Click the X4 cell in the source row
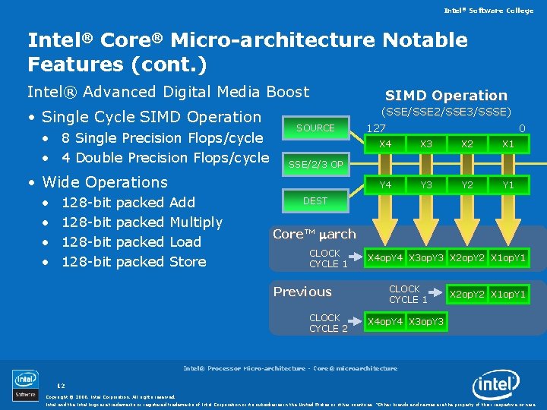coord(385,143)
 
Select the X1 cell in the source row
coord(508,143)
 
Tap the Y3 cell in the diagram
coord(426,184)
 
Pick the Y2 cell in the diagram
coord(467,184)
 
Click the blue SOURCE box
coord(315,128)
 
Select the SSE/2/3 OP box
coord(315,164)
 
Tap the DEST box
coord(315,200)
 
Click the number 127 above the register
coord(376,129)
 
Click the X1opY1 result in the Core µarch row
coord(508,257)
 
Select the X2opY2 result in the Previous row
coord(467,294)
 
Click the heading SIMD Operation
coord(446,95)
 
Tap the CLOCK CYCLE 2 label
coord(328,323)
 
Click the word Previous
coord(302,292)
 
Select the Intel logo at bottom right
coord(496,385)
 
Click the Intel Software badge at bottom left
coord(25,384)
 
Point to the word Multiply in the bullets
coord(196,222)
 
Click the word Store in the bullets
coord(188,262)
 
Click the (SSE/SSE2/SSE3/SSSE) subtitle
coord(446,112)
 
